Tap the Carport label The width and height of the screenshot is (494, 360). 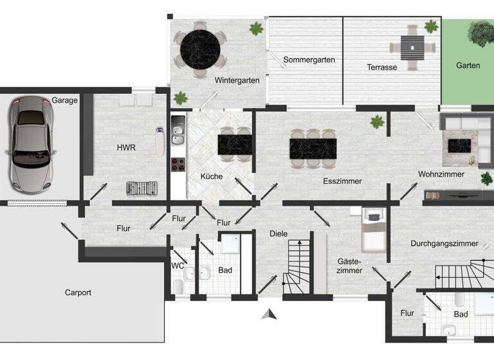coord(78,292)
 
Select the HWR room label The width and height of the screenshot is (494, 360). coord(126,147)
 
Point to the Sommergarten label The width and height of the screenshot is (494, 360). coord(309,60)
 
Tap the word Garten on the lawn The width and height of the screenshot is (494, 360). coord(468,66)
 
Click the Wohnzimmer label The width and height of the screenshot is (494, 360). coord(441,174)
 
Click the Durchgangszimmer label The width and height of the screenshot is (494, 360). coord(444,244)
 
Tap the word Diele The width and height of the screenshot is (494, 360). coord(279,233)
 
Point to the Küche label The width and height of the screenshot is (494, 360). coord(212,175)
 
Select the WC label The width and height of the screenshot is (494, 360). coord(178,265)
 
